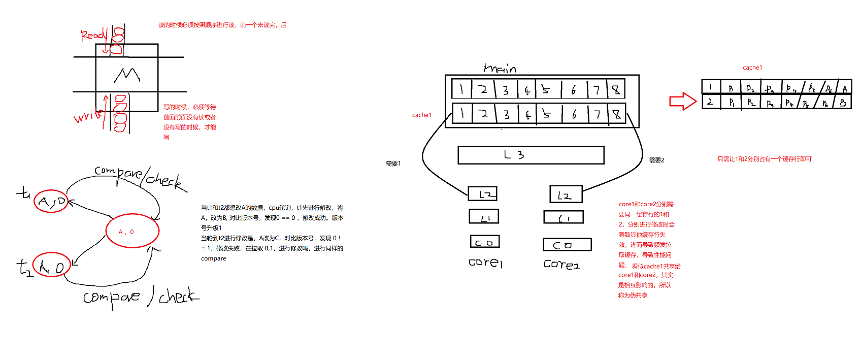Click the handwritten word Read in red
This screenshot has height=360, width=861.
[93, 35]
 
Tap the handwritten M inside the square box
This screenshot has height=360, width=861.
[126, 75]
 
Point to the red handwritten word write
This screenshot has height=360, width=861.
[87, 116]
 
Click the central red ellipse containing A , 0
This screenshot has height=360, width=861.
[132, 231]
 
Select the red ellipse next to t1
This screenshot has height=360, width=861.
[51, 202]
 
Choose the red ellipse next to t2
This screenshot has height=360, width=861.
[51, 265]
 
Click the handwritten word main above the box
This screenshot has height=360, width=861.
[500, 68]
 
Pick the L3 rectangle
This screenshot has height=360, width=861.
[531, 155]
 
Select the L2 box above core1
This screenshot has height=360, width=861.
[482, 193]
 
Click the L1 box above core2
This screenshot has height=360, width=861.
[563, 217]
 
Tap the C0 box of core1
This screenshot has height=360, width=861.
[484, 242]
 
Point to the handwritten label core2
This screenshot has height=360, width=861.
[561, 264]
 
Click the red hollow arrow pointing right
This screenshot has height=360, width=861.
[682, 101]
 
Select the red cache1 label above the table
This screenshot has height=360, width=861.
[752, 68]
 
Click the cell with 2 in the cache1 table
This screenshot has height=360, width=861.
[710, 102]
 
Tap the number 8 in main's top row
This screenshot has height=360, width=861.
[616, 89]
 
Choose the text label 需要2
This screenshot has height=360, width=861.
[656, 160]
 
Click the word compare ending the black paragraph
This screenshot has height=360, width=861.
[213, 258]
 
